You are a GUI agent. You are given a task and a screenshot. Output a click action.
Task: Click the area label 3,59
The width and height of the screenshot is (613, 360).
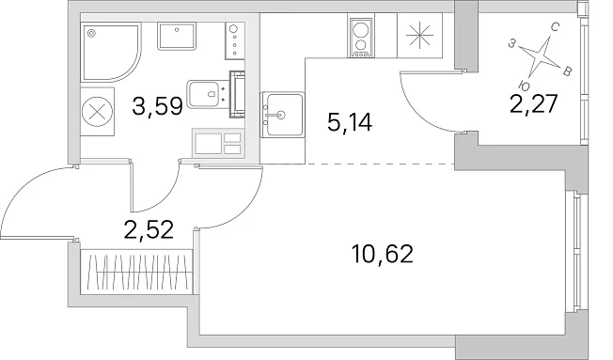[157, 106]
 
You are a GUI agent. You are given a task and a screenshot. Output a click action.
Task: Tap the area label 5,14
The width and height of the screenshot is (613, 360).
[350, 122]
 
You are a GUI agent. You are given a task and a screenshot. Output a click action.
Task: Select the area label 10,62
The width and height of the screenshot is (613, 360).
[383, 254]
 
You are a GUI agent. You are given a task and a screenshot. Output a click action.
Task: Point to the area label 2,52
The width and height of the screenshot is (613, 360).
[149, 229]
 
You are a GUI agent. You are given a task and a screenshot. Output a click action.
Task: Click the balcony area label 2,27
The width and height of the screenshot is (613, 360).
[534, 104]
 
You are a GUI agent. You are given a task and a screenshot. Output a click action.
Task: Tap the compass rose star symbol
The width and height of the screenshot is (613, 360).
[539, 56]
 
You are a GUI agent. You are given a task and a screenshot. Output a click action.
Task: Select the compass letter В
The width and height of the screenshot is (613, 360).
[567, 71]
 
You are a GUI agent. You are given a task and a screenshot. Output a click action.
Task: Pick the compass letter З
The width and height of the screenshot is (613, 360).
[511, 43]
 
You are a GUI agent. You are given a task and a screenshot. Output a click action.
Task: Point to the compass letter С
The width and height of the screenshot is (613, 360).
[555, 27]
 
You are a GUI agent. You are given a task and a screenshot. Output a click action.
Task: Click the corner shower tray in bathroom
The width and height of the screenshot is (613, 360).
[110, 52]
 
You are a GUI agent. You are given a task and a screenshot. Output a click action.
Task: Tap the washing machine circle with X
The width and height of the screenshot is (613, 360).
[98, 112]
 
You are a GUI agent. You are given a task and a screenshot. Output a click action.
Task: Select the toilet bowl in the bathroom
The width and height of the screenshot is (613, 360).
[203, 94]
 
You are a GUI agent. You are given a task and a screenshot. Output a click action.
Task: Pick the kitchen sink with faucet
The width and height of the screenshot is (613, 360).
[282, 115]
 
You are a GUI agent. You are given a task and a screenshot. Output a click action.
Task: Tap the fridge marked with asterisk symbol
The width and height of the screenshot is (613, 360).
[419, 36]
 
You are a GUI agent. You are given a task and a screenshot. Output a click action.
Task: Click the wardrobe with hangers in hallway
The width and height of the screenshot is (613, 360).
[137, 273]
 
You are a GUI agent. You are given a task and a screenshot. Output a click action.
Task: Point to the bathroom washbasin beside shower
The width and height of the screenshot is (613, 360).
[177, 36]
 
